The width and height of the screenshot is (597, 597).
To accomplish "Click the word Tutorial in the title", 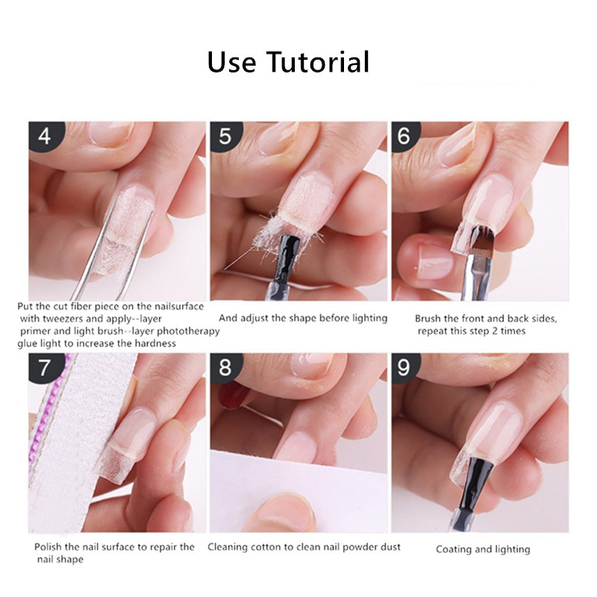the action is [x=318, y=62].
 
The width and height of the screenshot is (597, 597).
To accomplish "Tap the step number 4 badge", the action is [x=45, y=136].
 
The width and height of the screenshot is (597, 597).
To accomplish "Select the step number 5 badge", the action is [x=225, y=136].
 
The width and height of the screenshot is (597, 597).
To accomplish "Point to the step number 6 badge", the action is [x=404, y=136].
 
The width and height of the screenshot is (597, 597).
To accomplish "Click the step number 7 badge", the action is [x=45, y=367].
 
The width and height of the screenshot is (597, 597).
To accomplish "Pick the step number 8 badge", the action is [x=225, y=367].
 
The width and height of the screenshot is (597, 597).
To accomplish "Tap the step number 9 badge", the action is [x=404, y=367].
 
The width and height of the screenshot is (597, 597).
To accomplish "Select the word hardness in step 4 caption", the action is [x=155, y=343].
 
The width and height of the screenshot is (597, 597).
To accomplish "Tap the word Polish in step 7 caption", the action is [x=48, y=547].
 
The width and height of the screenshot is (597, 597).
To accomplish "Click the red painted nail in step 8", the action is [x=233, y=394].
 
